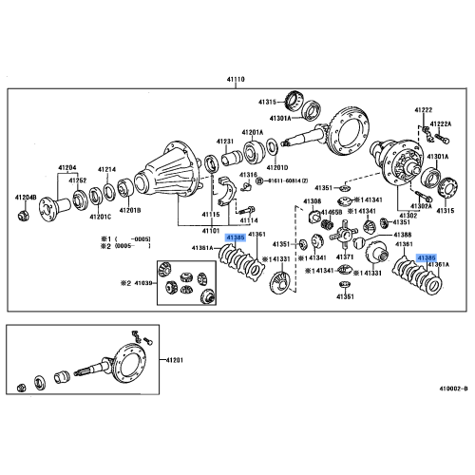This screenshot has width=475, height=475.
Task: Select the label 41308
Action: (x=313, y=201)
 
